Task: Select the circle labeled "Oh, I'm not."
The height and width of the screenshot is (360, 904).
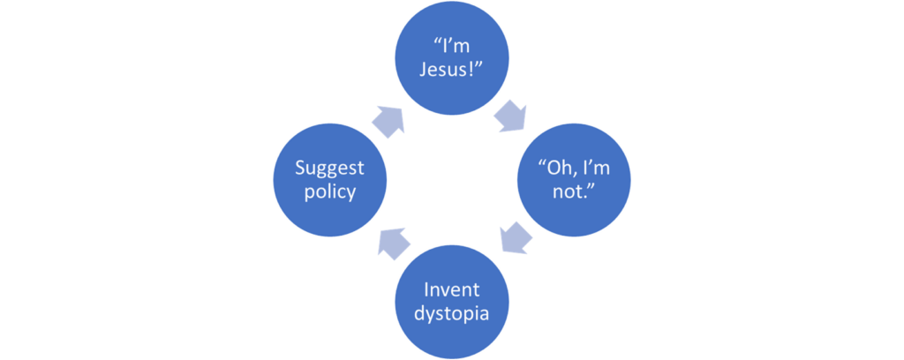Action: point(574,180)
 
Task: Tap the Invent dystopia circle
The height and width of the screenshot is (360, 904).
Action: point(451,302)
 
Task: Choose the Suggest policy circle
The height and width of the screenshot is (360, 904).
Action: point(330,180)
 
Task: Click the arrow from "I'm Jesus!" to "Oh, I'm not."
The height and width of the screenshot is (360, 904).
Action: point(509,116)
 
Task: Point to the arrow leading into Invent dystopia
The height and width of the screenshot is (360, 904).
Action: point(516,237)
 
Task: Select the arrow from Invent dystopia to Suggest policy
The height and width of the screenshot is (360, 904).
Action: point(393,243)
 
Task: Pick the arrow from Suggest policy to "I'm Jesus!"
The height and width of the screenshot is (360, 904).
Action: point(388,122)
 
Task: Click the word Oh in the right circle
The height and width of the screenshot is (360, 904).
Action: point(557,169)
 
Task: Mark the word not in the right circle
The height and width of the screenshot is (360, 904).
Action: point(568,191)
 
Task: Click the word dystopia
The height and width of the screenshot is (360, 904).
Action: point(451,314)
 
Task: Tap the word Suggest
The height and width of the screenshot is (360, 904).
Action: point(330,169)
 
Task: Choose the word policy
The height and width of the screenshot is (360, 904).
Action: point(330,191)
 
